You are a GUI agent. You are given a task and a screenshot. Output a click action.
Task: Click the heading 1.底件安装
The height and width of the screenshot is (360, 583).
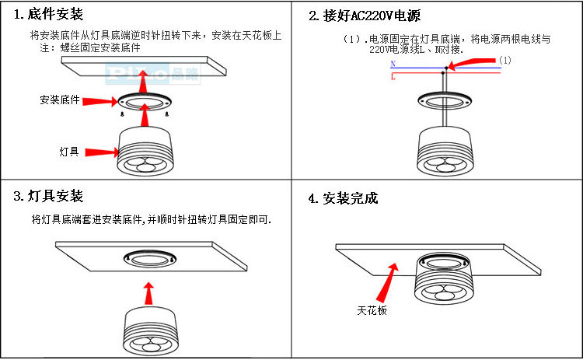[x=49, y=15]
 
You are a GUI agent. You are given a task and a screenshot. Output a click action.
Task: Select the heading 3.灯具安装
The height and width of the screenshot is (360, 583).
[x=48, y=196]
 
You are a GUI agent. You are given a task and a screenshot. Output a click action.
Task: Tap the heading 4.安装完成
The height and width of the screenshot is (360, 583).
[x=343, y=198]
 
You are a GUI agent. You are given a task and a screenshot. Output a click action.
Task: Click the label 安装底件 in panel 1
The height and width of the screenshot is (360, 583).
[x=59, y=100]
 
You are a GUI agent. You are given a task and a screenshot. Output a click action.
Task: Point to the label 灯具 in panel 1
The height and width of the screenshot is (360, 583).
[x=69, y=152]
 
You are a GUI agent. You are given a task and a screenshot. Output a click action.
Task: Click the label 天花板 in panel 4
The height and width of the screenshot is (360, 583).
[x=372, y=311]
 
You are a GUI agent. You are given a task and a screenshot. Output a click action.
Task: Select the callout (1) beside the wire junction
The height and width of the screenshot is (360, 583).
[x=504, y=60]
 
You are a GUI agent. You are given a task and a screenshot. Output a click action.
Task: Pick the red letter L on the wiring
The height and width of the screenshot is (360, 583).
[x=393, y=77]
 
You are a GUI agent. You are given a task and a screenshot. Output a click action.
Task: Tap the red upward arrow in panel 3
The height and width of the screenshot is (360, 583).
[x=148, y=294]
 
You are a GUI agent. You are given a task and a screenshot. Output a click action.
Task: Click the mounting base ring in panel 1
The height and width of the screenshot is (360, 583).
[x=145, y=100]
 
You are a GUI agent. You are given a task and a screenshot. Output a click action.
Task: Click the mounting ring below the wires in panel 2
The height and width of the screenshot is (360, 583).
[x=444, y=100]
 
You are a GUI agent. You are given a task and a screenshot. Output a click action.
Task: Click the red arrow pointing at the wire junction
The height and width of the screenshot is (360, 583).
[x=474, y=62]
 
